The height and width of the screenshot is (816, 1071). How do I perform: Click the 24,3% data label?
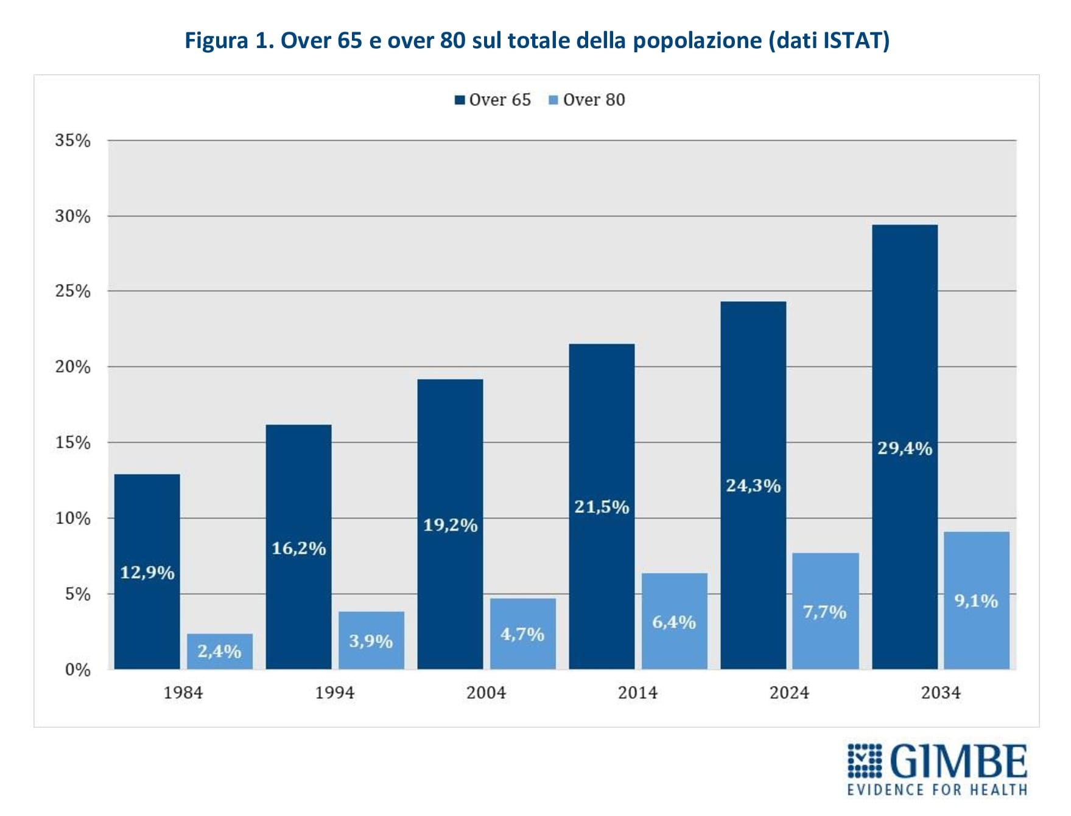[753, 486]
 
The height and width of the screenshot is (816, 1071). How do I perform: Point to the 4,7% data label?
[522, 635]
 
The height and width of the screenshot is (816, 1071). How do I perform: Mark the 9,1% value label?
[976, 601]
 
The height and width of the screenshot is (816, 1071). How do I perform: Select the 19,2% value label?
[451, 525]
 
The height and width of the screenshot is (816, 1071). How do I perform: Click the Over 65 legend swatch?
[460, 100]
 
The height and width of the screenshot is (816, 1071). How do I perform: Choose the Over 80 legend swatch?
[553, 100]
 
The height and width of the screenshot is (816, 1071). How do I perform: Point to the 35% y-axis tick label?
[72, 141]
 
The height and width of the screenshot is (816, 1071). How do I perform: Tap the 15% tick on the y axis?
[72, 442]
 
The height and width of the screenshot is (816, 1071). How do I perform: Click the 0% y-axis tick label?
[77, 670]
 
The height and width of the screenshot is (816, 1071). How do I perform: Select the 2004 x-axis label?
[486, 692]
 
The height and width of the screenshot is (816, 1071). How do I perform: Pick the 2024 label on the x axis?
[789, 692]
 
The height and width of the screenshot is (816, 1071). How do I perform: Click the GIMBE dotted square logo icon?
[865, 760]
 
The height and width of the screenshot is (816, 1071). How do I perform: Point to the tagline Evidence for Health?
[937, 790]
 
